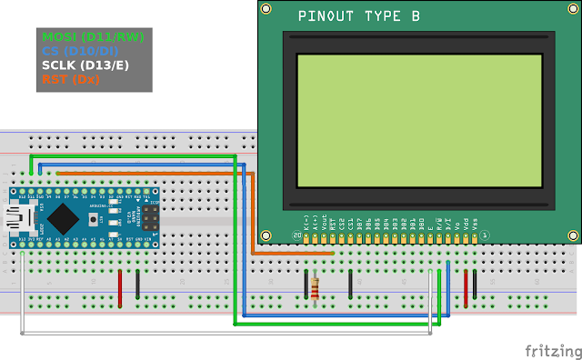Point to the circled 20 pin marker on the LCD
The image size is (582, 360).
point(296,236)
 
